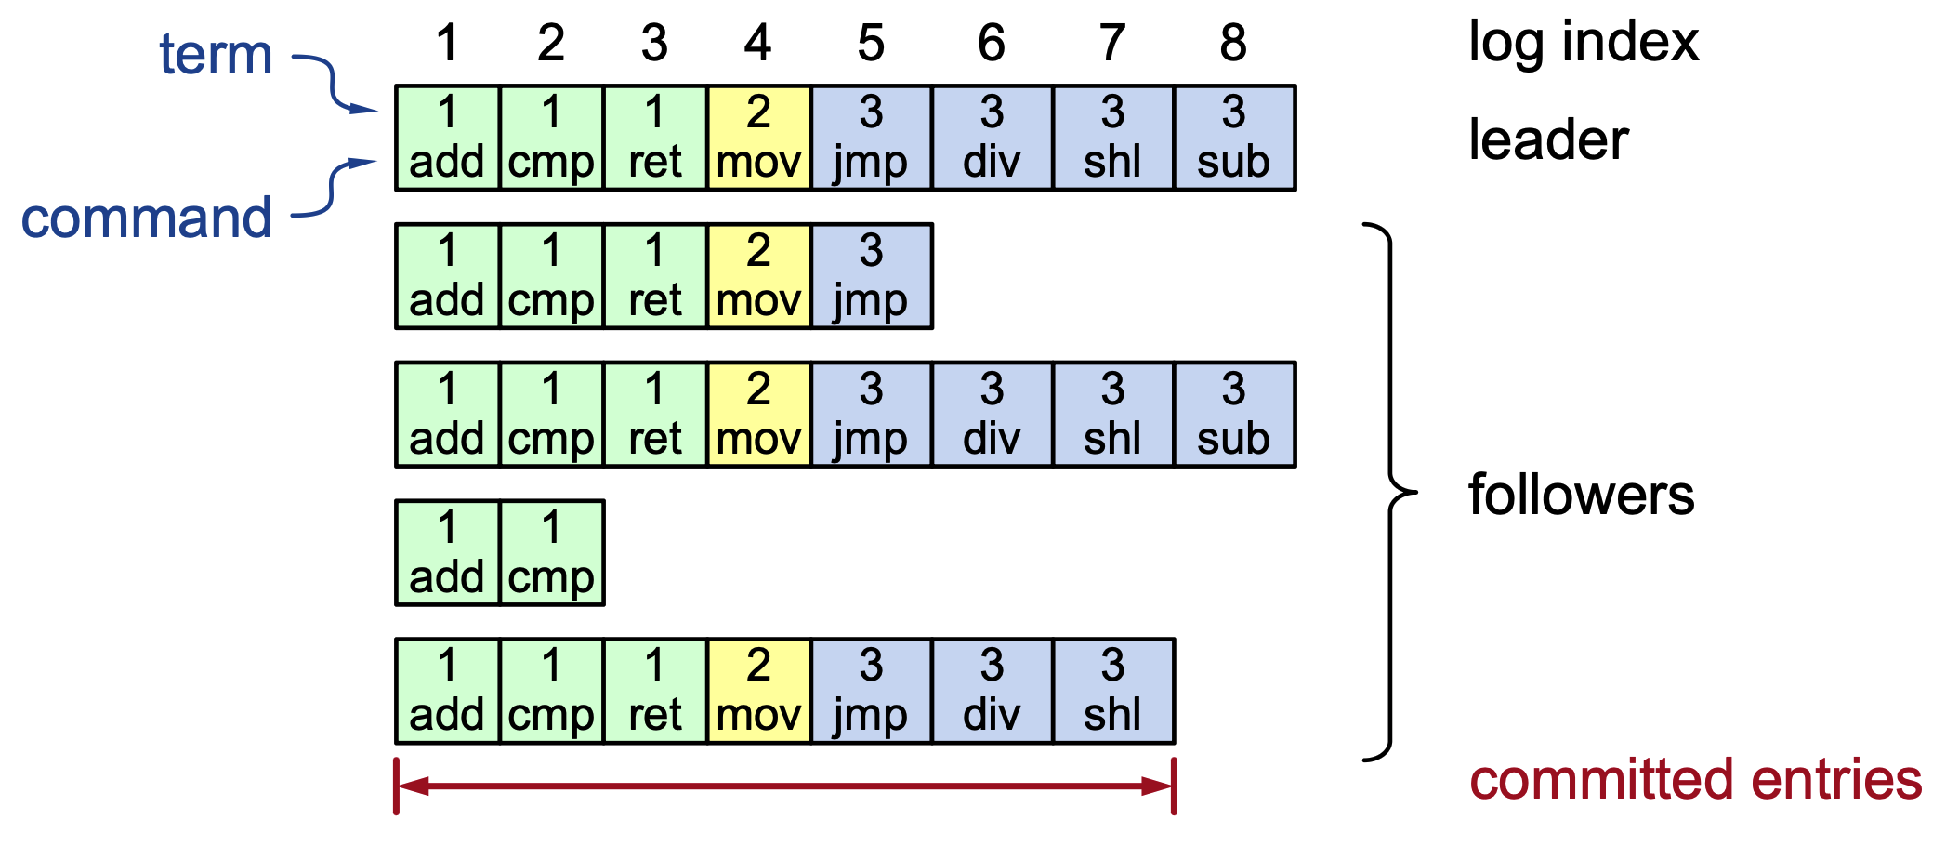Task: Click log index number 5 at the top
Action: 871,43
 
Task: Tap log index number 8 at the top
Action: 1233,43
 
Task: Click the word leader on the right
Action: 1548,139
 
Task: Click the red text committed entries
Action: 1695,779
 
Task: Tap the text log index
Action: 1583,42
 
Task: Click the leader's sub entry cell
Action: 1234,139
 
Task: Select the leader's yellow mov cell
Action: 758,139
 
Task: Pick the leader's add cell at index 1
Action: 447,139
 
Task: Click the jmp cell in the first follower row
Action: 871,276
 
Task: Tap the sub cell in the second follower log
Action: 1234,415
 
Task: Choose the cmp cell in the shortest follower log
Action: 552,553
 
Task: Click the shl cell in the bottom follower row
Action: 1113,692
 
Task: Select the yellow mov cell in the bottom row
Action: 758,692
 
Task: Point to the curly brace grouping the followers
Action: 1390,492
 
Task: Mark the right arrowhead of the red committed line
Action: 1160,786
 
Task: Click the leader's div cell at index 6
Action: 993,139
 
